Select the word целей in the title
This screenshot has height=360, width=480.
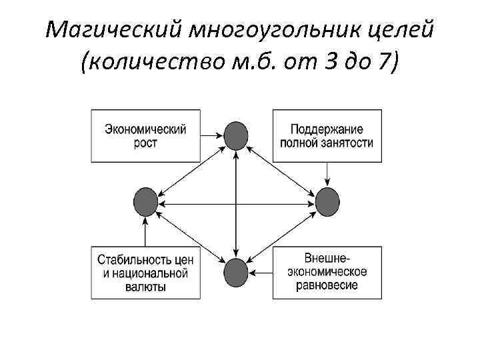tap(400, 30)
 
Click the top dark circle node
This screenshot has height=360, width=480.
tap(236, 136)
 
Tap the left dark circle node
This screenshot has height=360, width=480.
tap(145, 202)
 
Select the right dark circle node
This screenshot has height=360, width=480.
tap(327, 202)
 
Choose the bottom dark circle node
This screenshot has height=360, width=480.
tap(236, 271)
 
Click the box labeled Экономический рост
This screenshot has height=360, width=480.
tap(145, 135)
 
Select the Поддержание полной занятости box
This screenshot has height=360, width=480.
tap(327, 135)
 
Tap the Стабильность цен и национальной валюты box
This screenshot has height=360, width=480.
tap(145, 273)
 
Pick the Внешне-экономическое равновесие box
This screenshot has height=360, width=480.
tap(327, 271)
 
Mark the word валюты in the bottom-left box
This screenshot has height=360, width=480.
tap(145, 287)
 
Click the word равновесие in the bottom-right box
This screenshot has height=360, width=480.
tap(327, 285)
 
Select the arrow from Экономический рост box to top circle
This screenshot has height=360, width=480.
tap(212, 136)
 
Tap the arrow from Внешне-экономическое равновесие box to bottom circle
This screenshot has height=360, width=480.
tap(261, 271)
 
